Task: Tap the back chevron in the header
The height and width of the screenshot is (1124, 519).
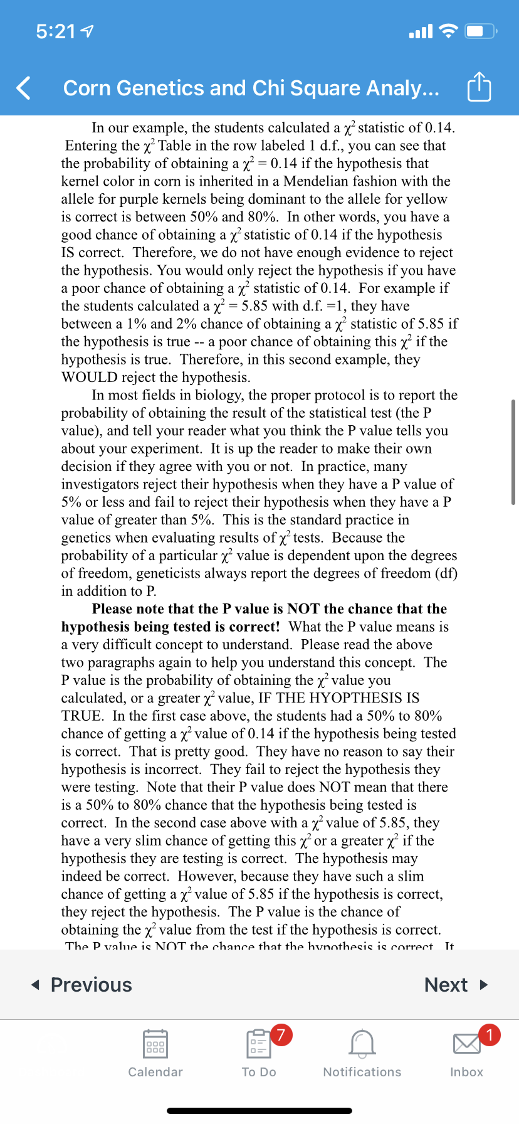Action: coord(24,88)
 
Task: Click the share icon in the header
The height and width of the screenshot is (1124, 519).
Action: coord(480,87)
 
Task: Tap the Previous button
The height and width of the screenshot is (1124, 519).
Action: coord(82,985)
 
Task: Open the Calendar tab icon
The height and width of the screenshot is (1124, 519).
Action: coord(155,1043)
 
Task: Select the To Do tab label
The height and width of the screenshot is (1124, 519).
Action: coord(259,1072)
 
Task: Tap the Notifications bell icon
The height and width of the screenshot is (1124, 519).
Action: coord(362,1043)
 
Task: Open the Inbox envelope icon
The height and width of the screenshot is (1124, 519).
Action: coord(467,1044)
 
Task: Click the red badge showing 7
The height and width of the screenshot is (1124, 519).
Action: coord(281,1034)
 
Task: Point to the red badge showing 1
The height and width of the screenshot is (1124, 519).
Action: coord(490,1034)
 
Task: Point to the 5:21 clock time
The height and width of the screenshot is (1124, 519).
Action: coord(55,31)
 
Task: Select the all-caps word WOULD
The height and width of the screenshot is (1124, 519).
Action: coord(89,378)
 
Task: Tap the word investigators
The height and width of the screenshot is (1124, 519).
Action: coord(116,484)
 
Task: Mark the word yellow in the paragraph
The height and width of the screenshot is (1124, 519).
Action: coord(426,199)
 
